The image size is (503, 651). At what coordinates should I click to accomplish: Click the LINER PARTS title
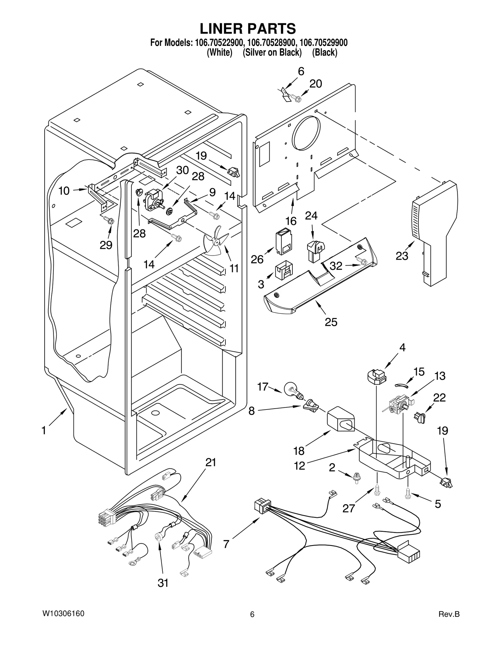coord(248,29)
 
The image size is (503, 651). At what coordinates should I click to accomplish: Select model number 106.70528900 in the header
coord(271,43)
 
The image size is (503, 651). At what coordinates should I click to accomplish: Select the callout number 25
coord(331,322)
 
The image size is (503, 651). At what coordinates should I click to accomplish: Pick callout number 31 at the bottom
coord(163,583)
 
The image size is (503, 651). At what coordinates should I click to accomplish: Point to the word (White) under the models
coord(219,52)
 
